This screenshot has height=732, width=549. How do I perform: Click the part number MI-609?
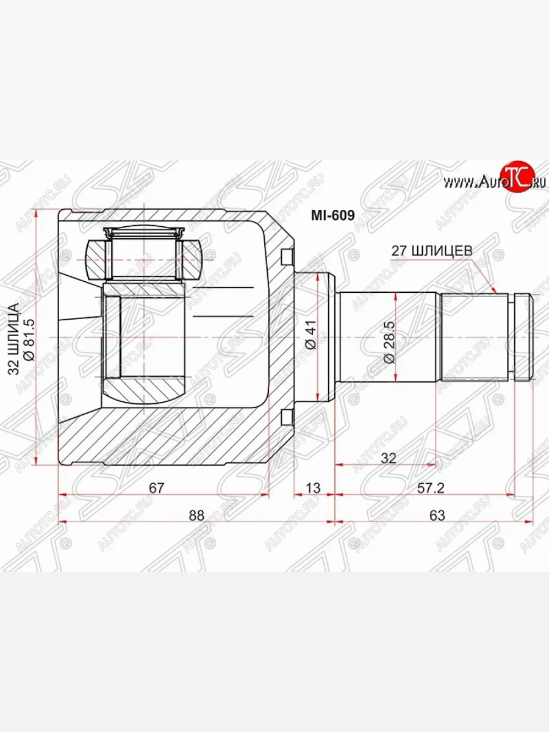click(x=332, y=216)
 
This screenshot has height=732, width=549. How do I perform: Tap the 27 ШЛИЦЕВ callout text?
click(x=432, y=251)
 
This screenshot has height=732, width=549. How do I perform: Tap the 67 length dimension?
click(x=156, y=488)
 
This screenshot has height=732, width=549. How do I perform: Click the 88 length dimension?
click(x=196, y=515)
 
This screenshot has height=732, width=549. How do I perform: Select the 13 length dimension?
click(x=313, y=488)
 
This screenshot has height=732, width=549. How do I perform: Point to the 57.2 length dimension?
click(x=431, y=488)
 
